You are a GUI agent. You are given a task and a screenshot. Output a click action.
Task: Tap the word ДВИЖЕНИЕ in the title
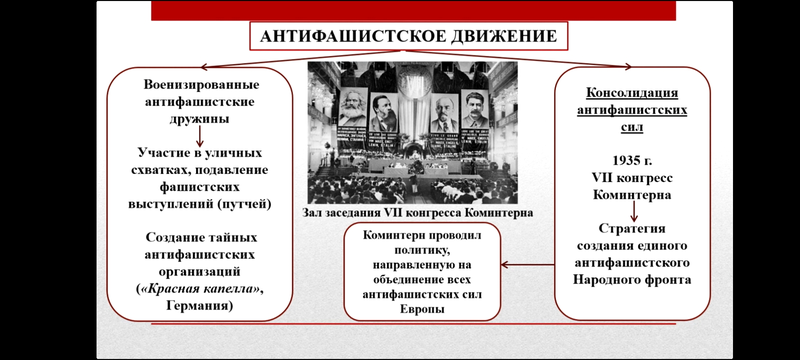(497, 37)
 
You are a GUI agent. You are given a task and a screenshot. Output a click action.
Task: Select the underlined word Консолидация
(632, 93)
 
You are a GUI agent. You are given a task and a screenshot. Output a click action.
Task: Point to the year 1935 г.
(632, 161)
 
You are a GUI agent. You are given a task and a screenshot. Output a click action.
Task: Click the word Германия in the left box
(198, 306)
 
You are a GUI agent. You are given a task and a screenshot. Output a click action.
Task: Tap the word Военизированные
(201, 84)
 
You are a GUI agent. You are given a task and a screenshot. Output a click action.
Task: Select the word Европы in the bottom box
(421, 309)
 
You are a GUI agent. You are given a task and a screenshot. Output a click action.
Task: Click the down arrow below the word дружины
(199, 136)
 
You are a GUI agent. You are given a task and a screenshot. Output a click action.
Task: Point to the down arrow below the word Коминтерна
(633, 211)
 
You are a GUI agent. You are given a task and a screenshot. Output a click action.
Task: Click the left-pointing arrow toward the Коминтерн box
(528, 265)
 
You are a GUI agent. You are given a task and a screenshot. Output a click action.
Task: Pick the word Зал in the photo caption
(312, 213)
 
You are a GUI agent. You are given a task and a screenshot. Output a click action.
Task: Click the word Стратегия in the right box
(632, 228)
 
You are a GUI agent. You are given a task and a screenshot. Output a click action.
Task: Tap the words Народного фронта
(632, 280)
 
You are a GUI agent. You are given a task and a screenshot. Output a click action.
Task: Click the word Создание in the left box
(175, 237)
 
